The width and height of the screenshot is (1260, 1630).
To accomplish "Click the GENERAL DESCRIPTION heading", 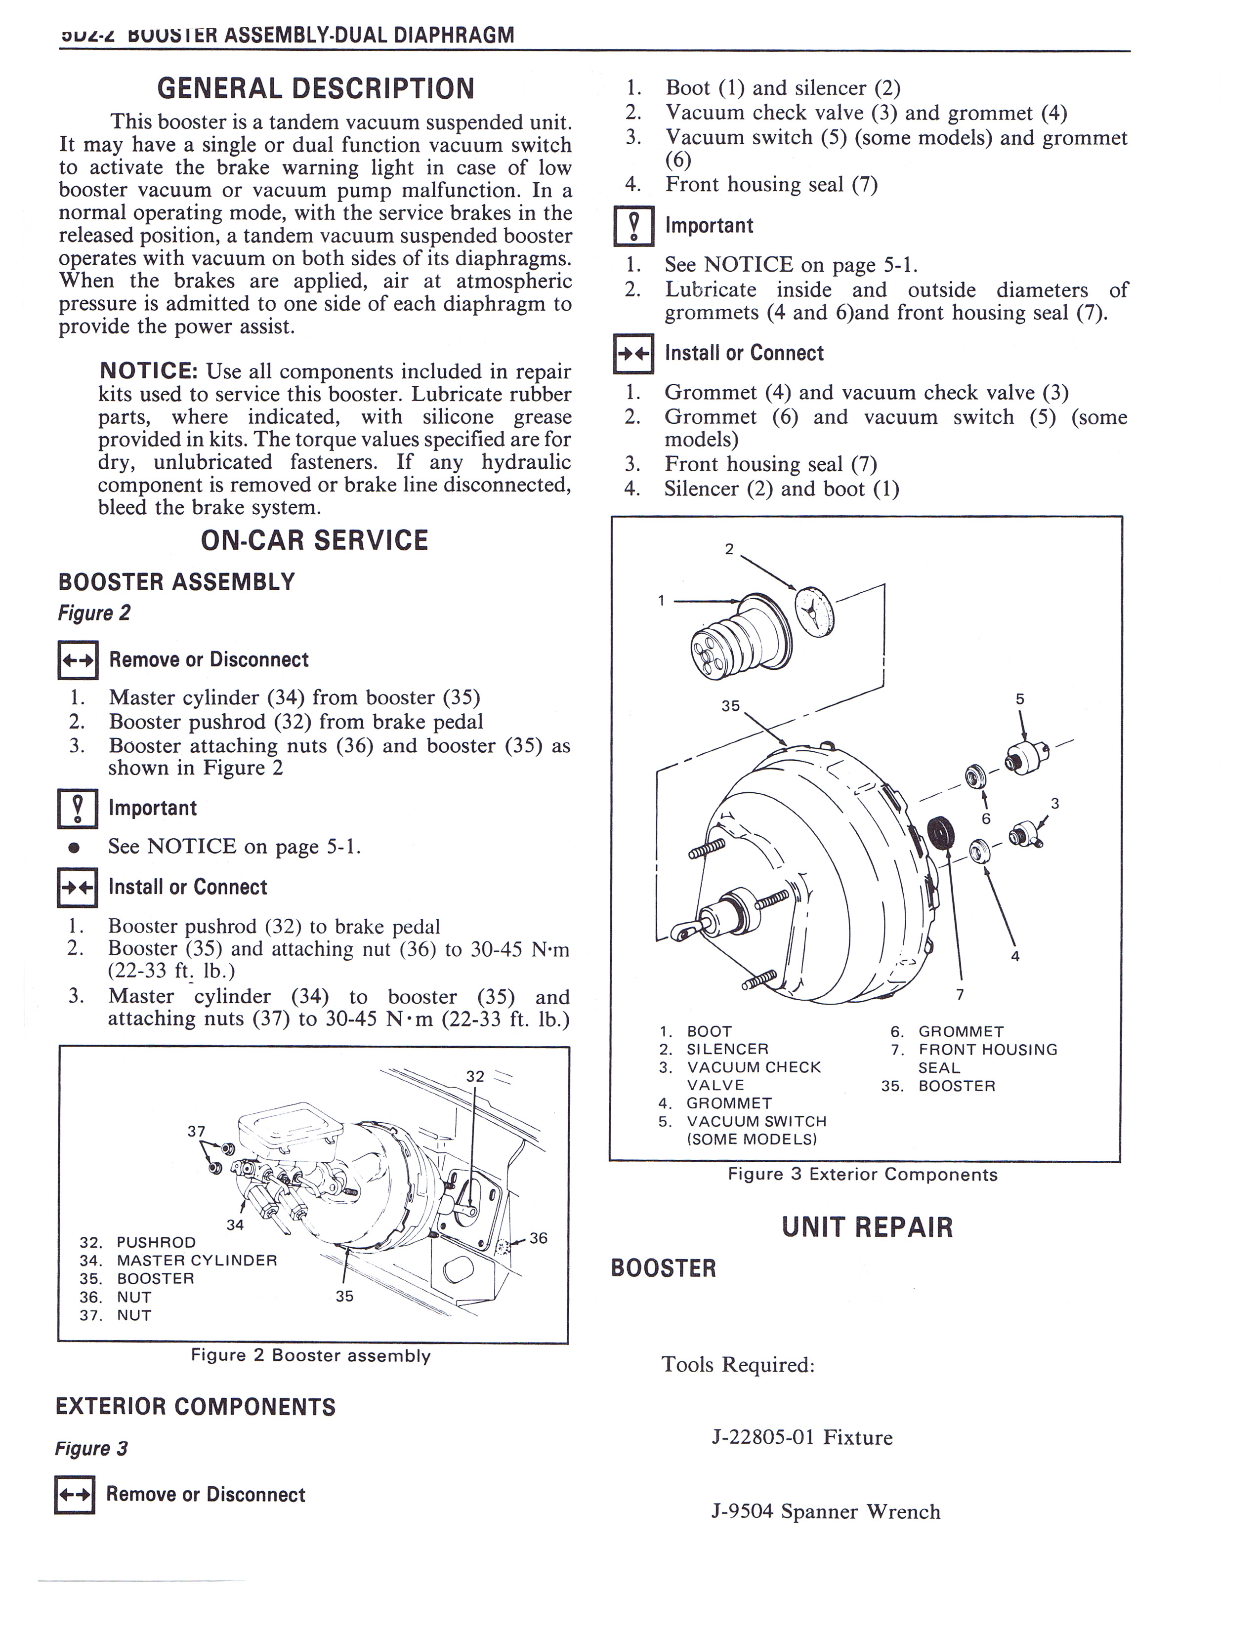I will [x=315, y=89].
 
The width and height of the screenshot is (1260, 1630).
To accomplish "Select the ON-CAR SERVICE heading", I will [x=314, y=540].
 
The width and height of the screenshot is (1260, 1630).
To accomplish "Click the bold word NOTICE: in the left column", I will [x=148, y=371].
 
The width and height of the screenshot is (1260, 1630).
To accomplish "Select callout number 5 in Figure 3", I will [x=1020, y=699].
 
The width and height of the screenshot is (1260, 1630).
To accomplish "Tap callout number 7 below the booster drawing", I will [x=960, y=994].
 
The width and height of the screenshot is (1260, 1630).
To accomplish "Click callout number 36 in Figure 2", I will [x=538, y=1238].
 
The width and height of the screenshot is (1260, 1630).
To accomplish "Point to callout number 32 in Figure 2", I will [x=475, y=1076].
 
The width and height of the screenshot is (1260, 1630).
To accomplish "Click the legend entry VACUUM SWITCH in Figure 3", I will [x=756, y=1121].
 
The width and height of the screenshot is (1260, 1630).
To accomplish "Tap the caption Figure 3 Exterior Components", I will [x=862, y=1174].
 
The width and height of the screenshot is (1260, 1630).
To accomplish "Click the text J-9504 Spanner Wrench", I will [x=826, y=1511].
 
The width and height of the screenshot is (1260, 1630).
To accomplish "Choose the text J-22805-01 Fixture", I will [x=801, y=1437].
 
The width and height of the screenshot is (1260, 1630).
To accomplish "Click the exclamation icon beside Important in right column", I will [x=634, y=226].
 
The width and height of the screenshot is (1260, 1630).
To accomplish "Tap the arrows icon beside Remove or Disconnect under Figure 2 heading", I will [x=78, y=660].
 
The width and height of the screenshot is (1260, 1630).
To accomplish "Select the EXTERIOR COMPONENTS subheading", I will [x=196, y=1407].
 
